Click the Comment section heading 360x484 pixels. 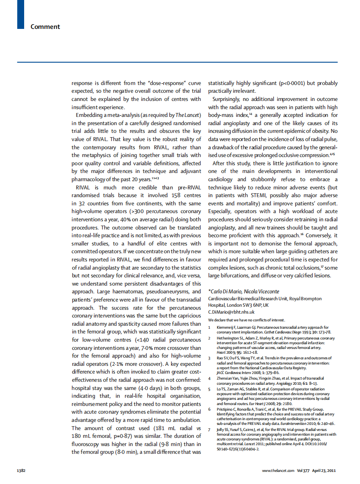(x=45, y=27)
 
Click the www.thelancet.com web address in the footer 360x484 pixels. (x=278, y=470)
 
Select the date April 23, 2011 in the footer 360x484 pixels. (x=324, y=470)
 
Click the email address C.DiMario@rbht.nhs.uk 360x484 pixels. (x=231, y=312)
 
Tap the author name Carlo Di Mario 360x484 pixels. (x=225, y=291)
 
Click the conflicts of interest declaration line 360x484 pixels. (x=247, y=320)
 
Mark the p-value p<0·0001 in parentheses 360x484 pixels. (x=294, y=83)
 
